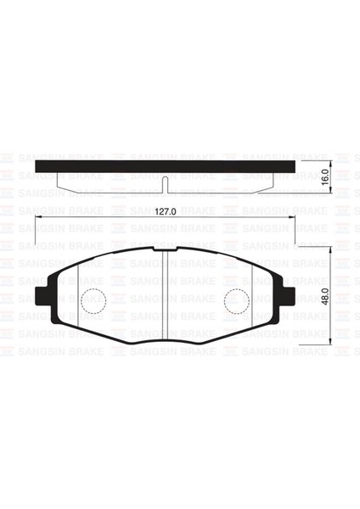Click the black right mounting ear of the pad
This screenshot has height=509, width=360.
click(x=290, y=297)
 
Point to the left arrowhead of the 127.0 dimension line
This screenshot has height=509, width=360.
click(x=37, y=221)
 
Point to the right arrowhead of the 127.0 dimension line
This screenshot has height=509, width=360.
click(x=293, y=221)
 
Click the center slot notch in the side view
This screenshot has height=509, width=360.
click(x=165, y=181)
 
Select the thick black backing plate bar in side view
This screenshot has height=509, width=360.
click(x=166, y=164)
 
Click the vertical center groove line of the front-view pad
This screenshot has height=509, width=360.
click(x=164, y=297)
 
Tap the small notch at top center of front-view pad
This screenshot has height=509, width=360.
click(x=165, y=249)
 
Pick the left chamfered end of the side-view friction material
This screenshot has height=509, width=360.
click(x=58, y=180)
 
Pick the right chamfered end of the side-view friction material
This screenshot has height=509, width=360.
click(x=273, y=180)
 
